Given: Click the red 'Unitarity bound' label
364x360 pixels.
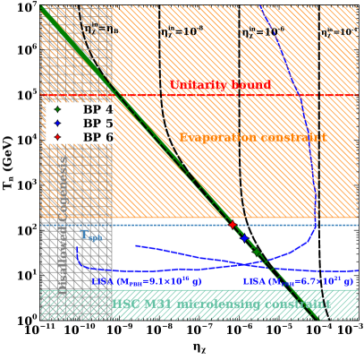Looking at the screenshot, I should (220, 85).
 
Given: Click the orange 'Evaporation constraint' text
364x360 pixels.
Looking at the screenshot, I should (252, 138).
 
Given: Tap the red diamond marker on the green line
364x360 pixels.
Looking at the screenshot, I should (233, 225).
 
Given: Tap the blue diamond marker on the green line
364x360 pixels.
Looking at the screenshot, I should (244, 238).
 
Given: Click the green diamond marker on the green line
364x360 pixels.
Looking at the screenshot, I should (258, 253).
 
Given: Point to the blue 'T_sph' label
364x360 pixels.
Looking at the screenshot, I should (90, 236).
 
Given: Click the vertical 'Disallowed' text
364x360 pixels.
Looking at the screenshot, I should (63, 270).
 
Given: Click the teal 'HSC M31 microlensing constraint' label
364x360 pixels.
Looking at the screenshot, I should (219, 304).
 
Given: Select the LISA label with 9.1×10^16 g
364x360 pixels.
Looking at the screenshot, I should (139, 281).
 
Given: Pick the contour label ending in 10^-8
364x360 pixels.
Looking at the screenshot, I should (182, 31).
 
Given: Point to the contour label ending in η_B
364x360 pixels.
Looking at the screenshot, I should (101, 29).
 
